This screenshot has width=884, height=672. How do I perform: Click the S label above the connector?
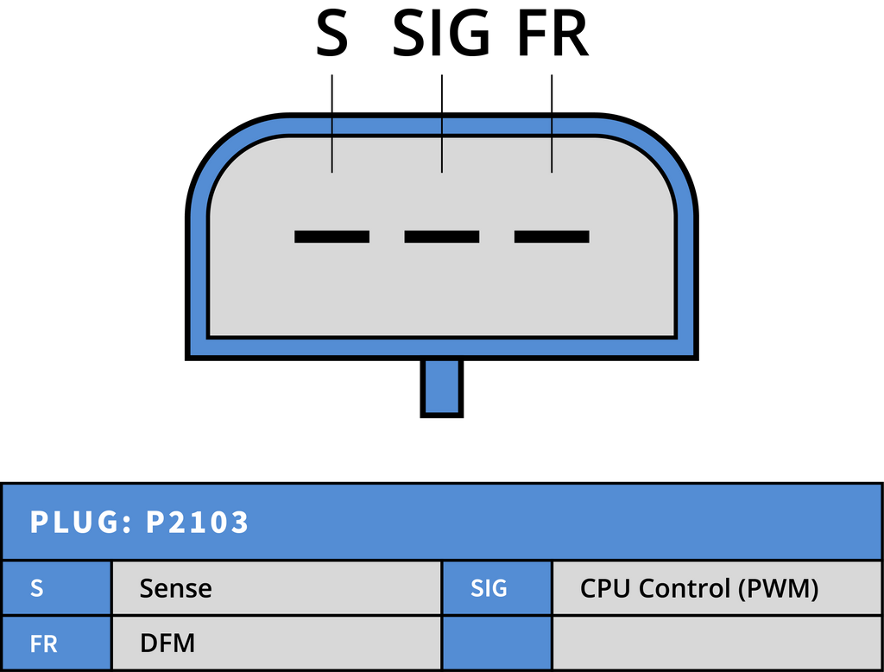(331, 34)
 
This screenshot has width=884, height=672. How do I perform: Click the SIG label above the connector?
(441, 34)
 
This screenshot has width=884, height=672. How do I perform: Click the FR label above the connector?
(553, 34)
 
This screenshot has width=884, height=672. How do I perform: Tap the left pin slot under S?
(331, 237)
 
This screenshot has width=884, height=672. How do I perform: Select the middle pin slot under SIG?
(441, 237)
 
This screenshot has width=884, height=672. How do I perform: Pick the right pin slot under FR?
(552, 237)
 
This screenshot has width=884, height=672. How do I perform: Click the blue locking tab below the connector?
(441, 388)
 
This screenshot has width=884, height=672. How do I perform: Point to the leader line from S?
(332, 124)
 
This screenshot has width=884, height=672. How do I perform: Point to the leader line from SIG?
(442, 124)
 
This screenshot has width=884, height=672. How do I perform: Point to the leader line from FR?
(552, 124)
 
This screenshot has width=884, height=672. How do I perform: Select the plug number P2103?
(198, 522)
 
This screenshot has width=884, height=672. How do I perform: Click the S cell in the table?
(56, 588)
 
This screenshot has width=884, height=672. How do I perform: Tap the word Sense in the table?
(176, 588)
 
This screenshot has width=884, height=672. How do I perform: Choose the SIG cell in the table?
(496, 588)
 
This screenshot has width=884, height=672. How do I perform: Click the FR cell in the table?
(56, 643)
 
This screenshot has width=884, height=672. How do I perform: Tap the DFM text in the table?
(167, 643)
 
